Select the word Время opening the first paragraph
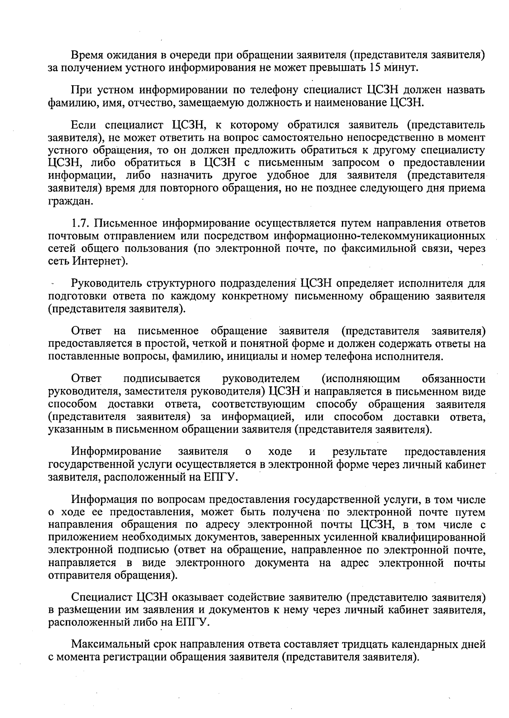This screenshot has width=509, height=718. coord(87,56)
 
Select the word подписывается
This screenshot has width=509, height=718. coord(162,378)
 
